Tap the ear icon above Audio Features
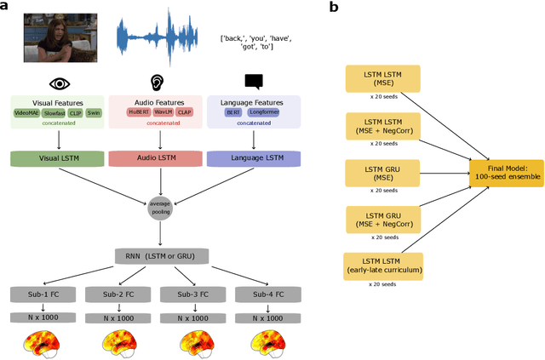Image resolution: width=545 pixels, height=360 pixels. point(156,83)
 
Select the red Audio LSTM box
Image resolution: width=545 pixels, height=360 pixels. point(156,157)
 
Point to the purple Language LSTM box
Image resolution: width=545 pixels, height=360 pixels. point(254,157)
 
